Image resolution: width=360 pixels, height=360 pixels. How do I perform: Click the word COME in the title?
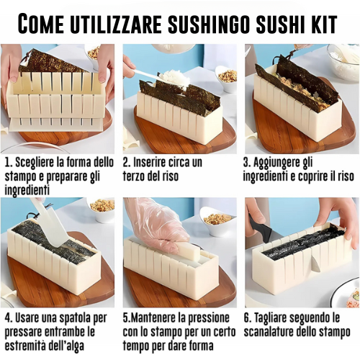(x=41, y=23)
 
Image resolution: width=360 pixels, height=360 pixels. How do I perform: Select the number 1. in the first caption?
(x=9, y=163)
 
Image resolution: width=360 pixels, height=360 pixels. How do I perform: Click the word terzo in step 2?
(x=135, y=176)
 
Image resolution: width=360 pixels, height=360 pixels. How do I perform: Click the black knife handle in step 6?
(x=260, y=227)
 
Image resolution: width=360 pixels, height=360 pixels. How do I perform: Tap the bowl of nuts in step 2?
(x=226, y=78)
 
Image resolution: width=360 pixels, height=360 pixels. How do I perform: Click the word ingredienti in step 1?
(x=27, y=191)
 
